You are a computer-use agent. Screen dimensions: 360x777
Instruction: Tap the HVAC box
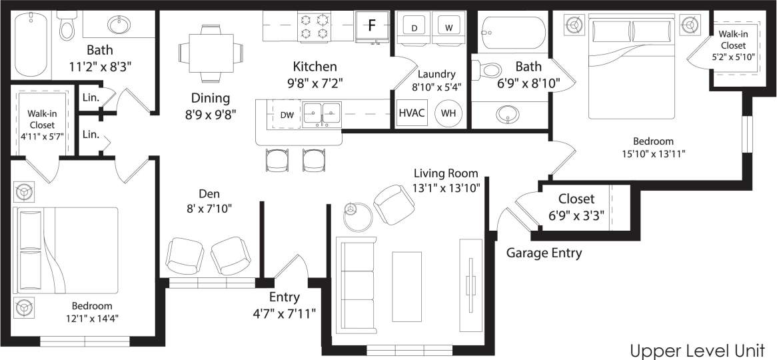(x=411, y=113)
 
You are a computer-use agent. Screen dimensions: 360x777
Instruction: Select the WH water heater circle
(x=448, y=113)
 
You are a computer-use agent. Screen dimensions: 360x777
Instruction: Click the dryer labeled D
(x=414, y=28)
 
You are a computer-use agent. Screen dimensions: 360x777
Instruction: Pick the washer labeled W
(x=448, y=28)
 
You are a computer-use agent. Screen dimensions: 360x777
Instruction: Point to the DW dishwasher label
(x=287, y=115)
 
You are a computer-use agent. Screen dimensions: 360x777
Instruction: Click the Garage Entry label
(x=544, y=253)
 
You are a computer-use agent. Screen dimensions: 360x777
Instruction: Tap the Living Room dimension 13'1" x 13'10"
(x=446, y=188)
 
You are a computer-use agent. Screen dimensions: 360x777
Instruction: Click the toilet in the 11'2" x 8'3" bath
(x=67, y=27)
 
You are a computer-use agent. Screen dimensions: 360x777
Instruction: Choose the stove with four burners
(x=315, y=25)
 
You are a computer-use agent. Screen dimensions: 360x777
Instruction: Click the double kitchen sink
(x=323, y=114)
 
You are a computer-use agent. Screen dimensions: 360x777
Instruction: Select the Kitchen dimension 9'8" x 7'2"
(x=314, y=83)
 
